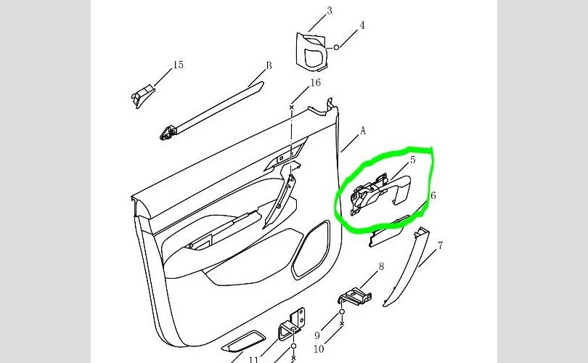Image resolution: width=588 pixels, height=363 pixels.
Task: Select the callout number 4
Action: coord(362,25)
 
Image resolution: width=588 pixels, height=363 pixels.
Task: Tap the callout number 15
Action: coord(178,65)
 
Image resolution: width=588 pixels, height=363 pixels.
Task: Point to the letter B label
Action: coord(269,65)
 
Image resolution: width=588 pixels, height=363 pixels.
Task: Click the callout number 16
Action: coord(315,83)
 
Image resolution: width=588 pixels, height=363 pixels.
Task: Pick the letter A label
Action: coord(362,131)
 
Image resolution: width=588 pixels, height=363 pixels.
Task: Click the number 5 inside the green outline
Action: coord(412,160)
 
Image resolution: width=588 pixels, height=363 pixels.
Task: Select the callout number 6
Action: coord(433,195)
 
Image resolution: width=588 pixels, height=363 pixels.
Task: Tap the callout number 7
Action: coord(440,246)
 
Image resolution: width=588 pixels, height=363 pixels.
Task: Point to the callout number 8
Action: coord(380,267)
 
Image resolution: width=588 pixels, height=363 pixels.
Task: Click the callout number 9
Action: coord(317,336)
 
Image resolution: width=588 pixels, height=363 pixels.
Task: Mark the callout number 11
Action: coord(254,359)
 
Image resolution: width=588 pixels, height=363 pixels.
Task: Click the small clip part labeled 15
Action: coord(143,94)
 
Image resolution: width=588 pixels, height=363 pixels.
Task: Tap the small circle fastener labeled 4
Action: coord(337,47)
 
